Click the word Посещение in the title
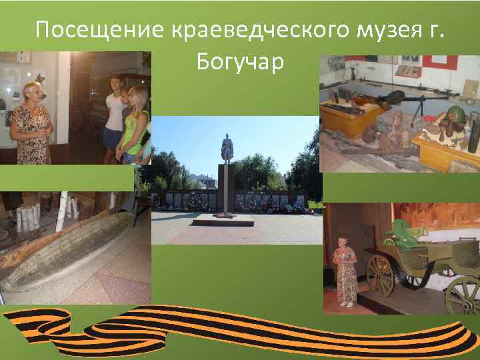[99, 30]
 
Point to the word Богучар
[240, 62]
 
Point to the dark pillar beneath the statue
[227, 190]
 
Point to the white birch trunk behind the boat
[66, 210]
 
